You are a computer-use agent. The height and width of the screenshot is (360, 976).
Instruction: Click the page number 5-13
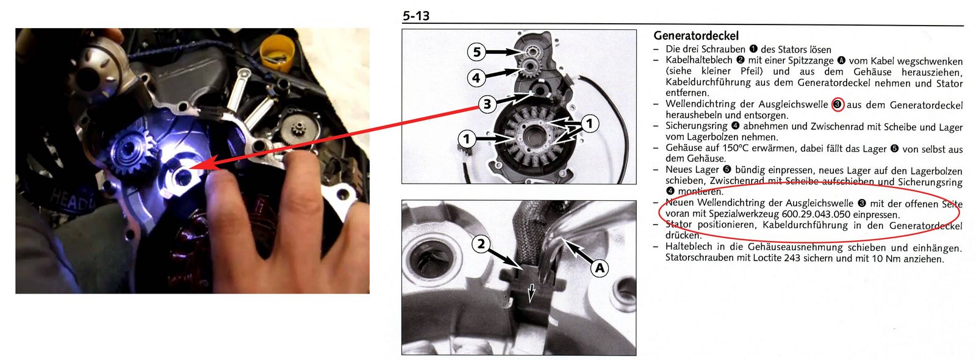coord(416,16)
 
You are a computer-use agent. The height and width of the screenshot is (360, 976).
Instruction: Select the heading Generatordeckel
coord(696,36)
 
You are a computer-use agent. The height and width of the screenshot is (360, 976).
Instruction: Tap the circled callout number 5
coord(476,52)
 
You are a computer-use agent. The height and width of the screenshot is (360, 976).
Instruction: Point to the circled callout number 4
coord(476,78)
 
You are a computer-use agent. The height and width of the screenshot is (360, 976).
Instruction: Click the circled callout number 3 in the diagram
coord(487,104)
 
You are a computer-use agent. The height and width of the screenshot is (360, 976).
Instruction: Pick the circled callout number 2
coord(481,243)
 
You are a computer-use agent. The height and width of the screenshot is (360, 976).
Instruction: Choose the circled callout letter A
coord(600,268)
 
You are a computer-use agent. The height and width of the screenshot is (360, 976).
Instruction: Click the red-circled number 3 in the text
coord(837,105)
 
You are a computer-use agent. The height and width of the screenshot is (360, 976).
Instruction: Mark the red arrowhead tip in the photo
coord(190,168)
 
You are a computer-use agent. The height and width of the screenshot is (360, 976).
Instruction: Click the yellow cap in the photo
coord(276,52)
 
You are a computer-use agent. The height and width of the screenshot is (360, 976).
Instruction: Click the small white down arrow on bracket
coord(531,293)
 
